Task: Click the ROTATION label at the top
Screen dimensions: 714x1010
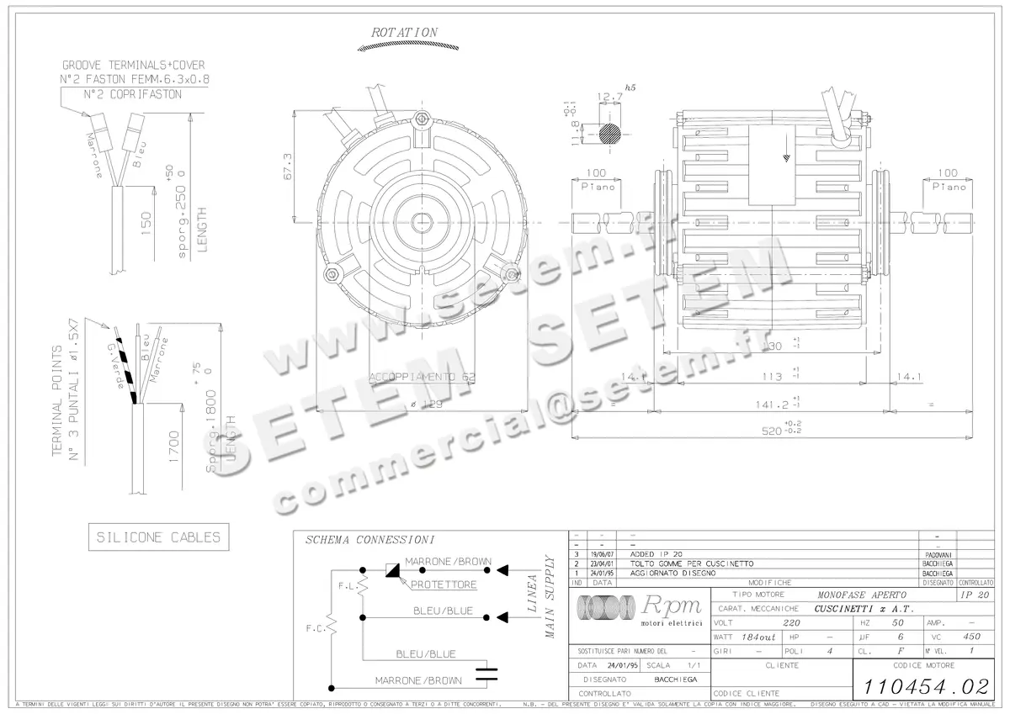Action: (x=404, y=32)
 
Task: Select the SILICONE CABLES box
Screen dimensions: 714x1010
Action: (x=158, y=537)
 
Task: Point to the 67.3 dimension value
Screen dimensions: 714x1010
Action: (x=288, y=167)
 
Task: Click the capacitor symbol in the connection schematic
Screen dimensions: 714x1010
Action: (x=486, y=672)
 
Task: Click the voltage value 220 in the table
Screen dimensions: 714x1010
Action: (x=791, y=623)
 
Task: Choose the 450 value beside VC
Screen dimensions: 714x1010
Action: (x=971, y=637)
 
